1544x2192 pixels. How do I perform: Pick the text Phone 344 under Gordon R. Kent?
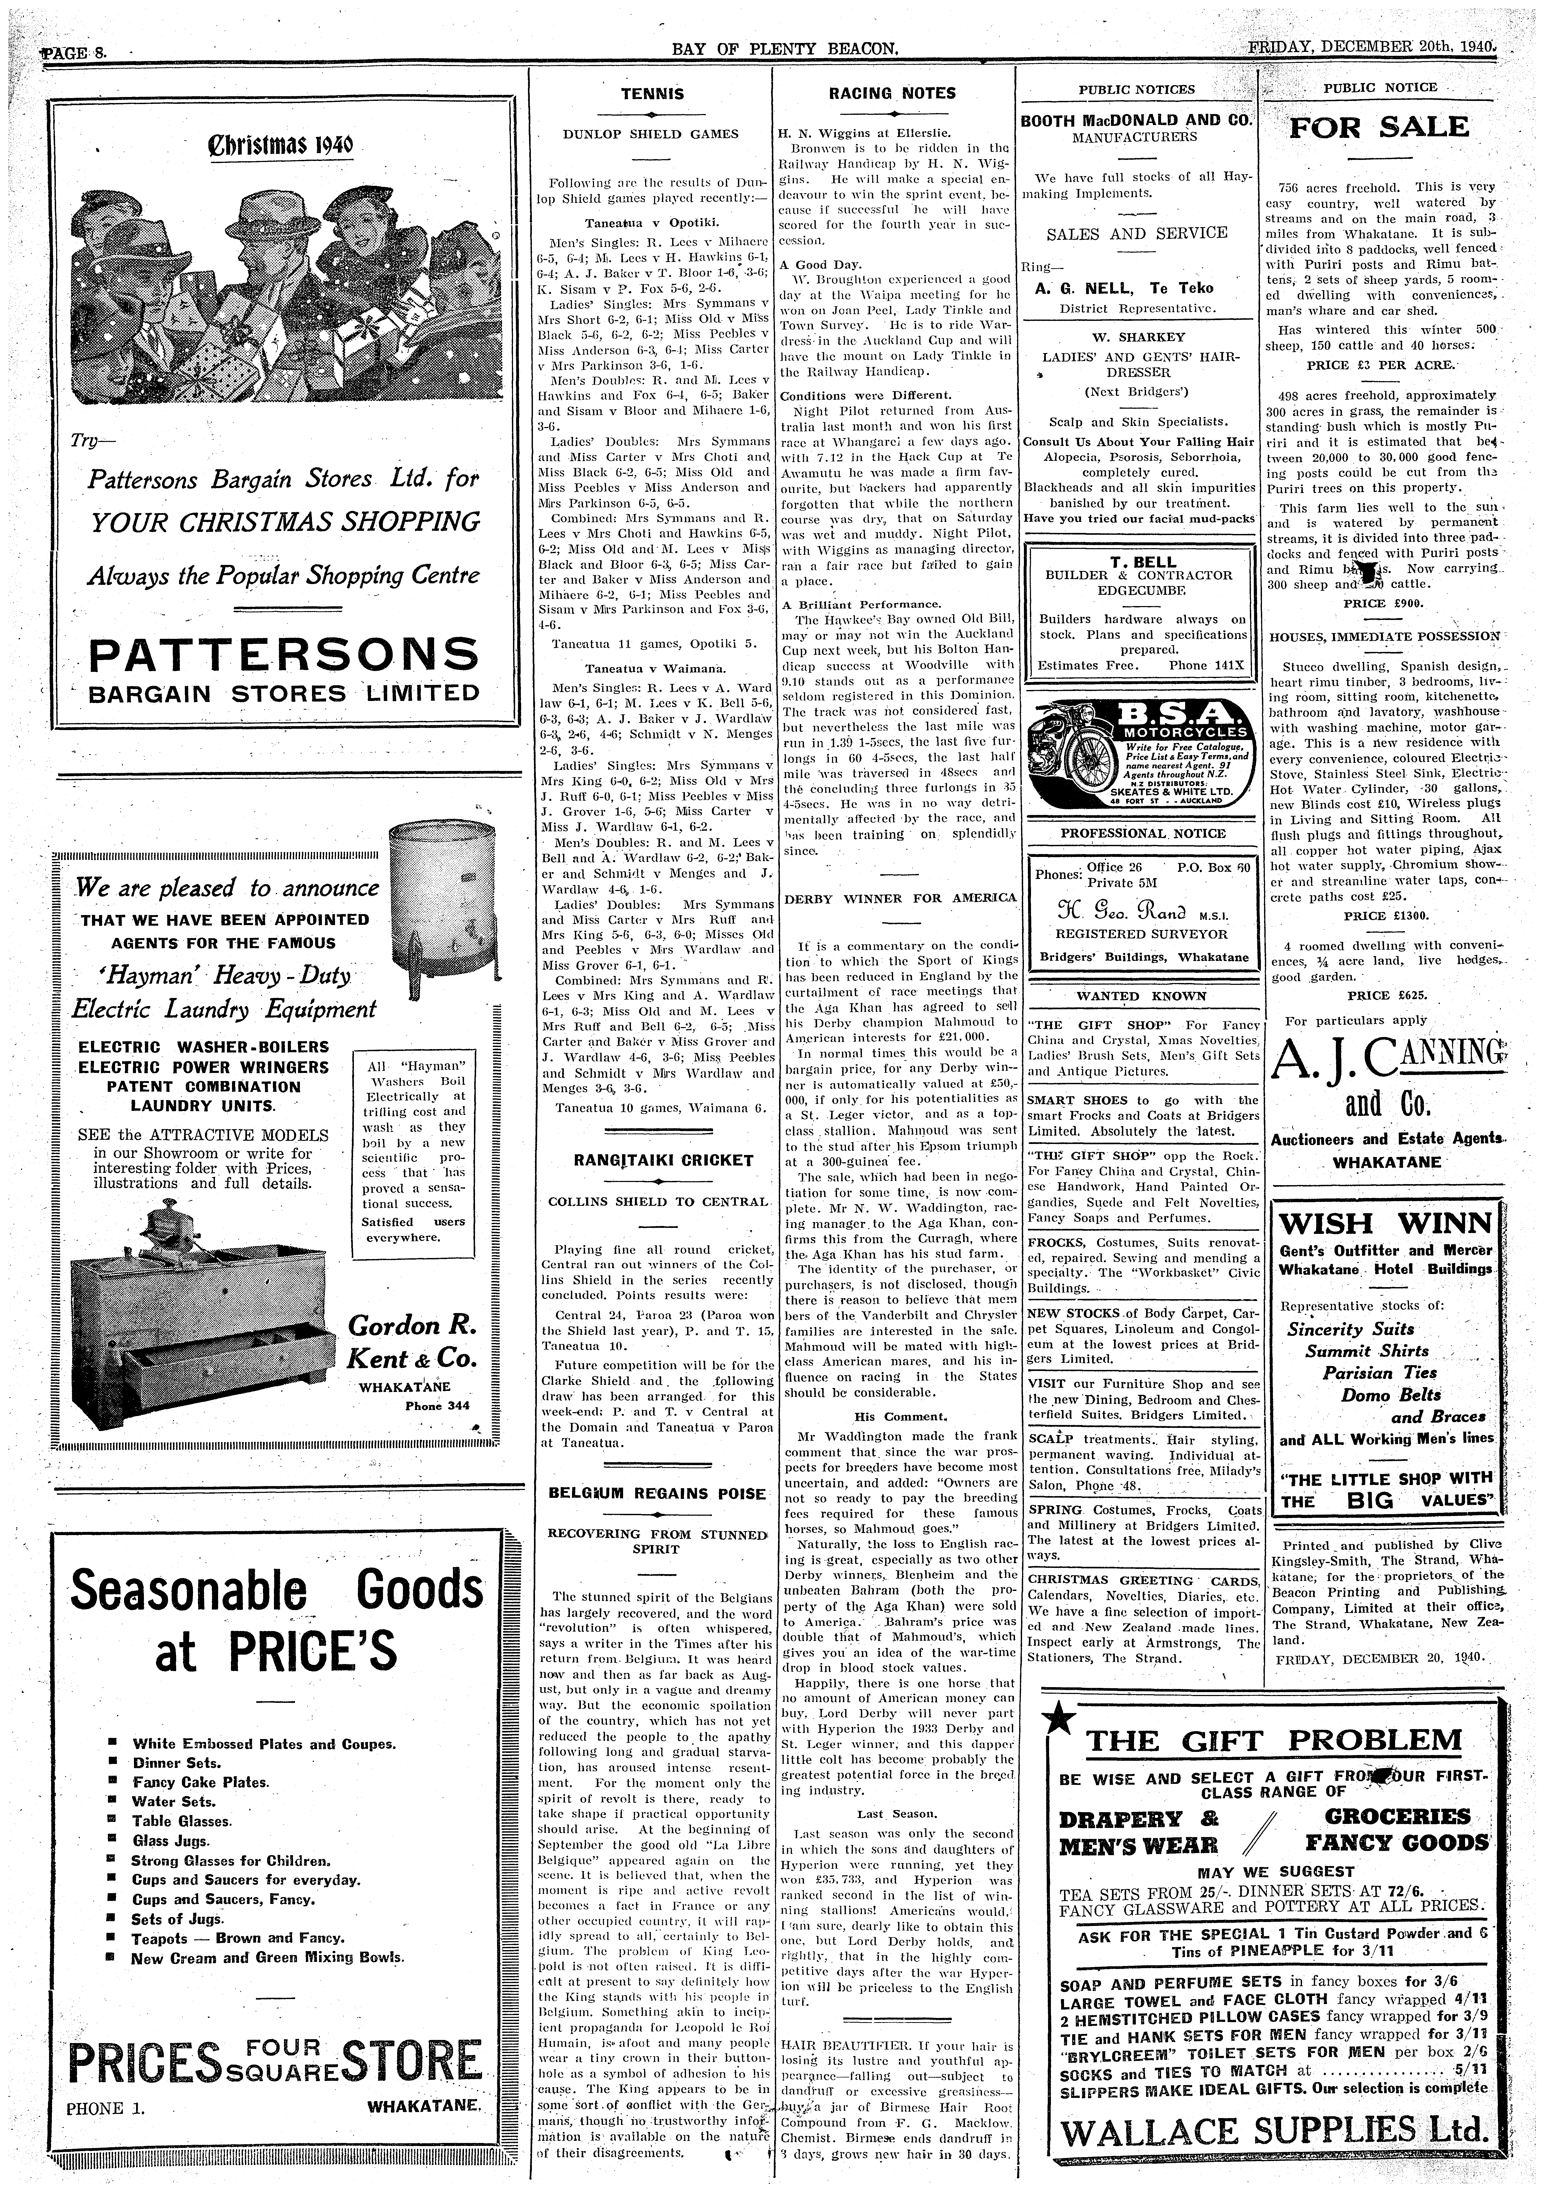click(437, 1405)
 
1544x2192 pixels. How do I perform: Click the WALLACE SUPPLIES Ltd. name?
click(1274, 2129)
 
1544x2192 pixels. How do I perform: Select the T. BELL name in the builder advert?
click(1137, 561)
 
